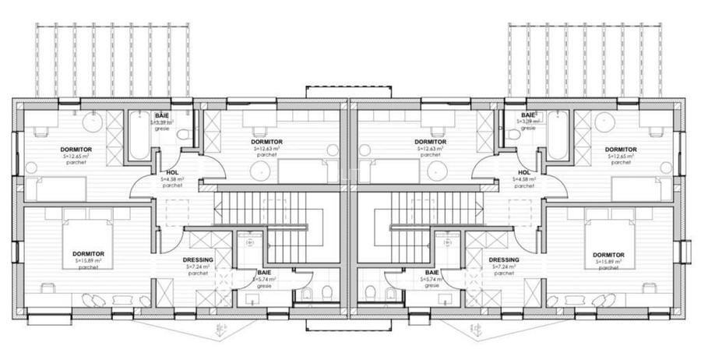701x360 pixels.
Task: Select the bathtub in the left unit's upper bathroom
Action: pyautogui.click(x=139, y=136)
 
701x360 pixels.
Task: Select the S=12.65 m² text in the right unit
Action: pyautogui.click(x=621, y=156)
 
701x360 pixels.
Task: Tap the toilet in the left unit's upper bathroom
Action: pyautogui.click(x=184, y=134)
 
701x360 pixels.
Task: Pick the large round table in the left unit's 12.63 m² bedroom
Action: pyautogui.click(x=260, y=171)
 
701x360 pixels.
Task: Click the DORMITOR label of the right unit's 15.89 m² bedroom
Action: pyautogui.click(x=608, y=255)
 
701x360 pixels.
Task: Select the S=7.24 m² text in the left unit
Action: pyautogui.click(x=198, y=266)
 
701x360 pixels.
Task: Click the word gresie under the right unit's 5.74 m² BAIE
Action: pyautogui.click(x=432, y=285)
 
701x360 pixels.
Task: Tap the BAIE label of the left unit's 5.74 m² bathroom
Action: pyautogui.click(x=265, y=272)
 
